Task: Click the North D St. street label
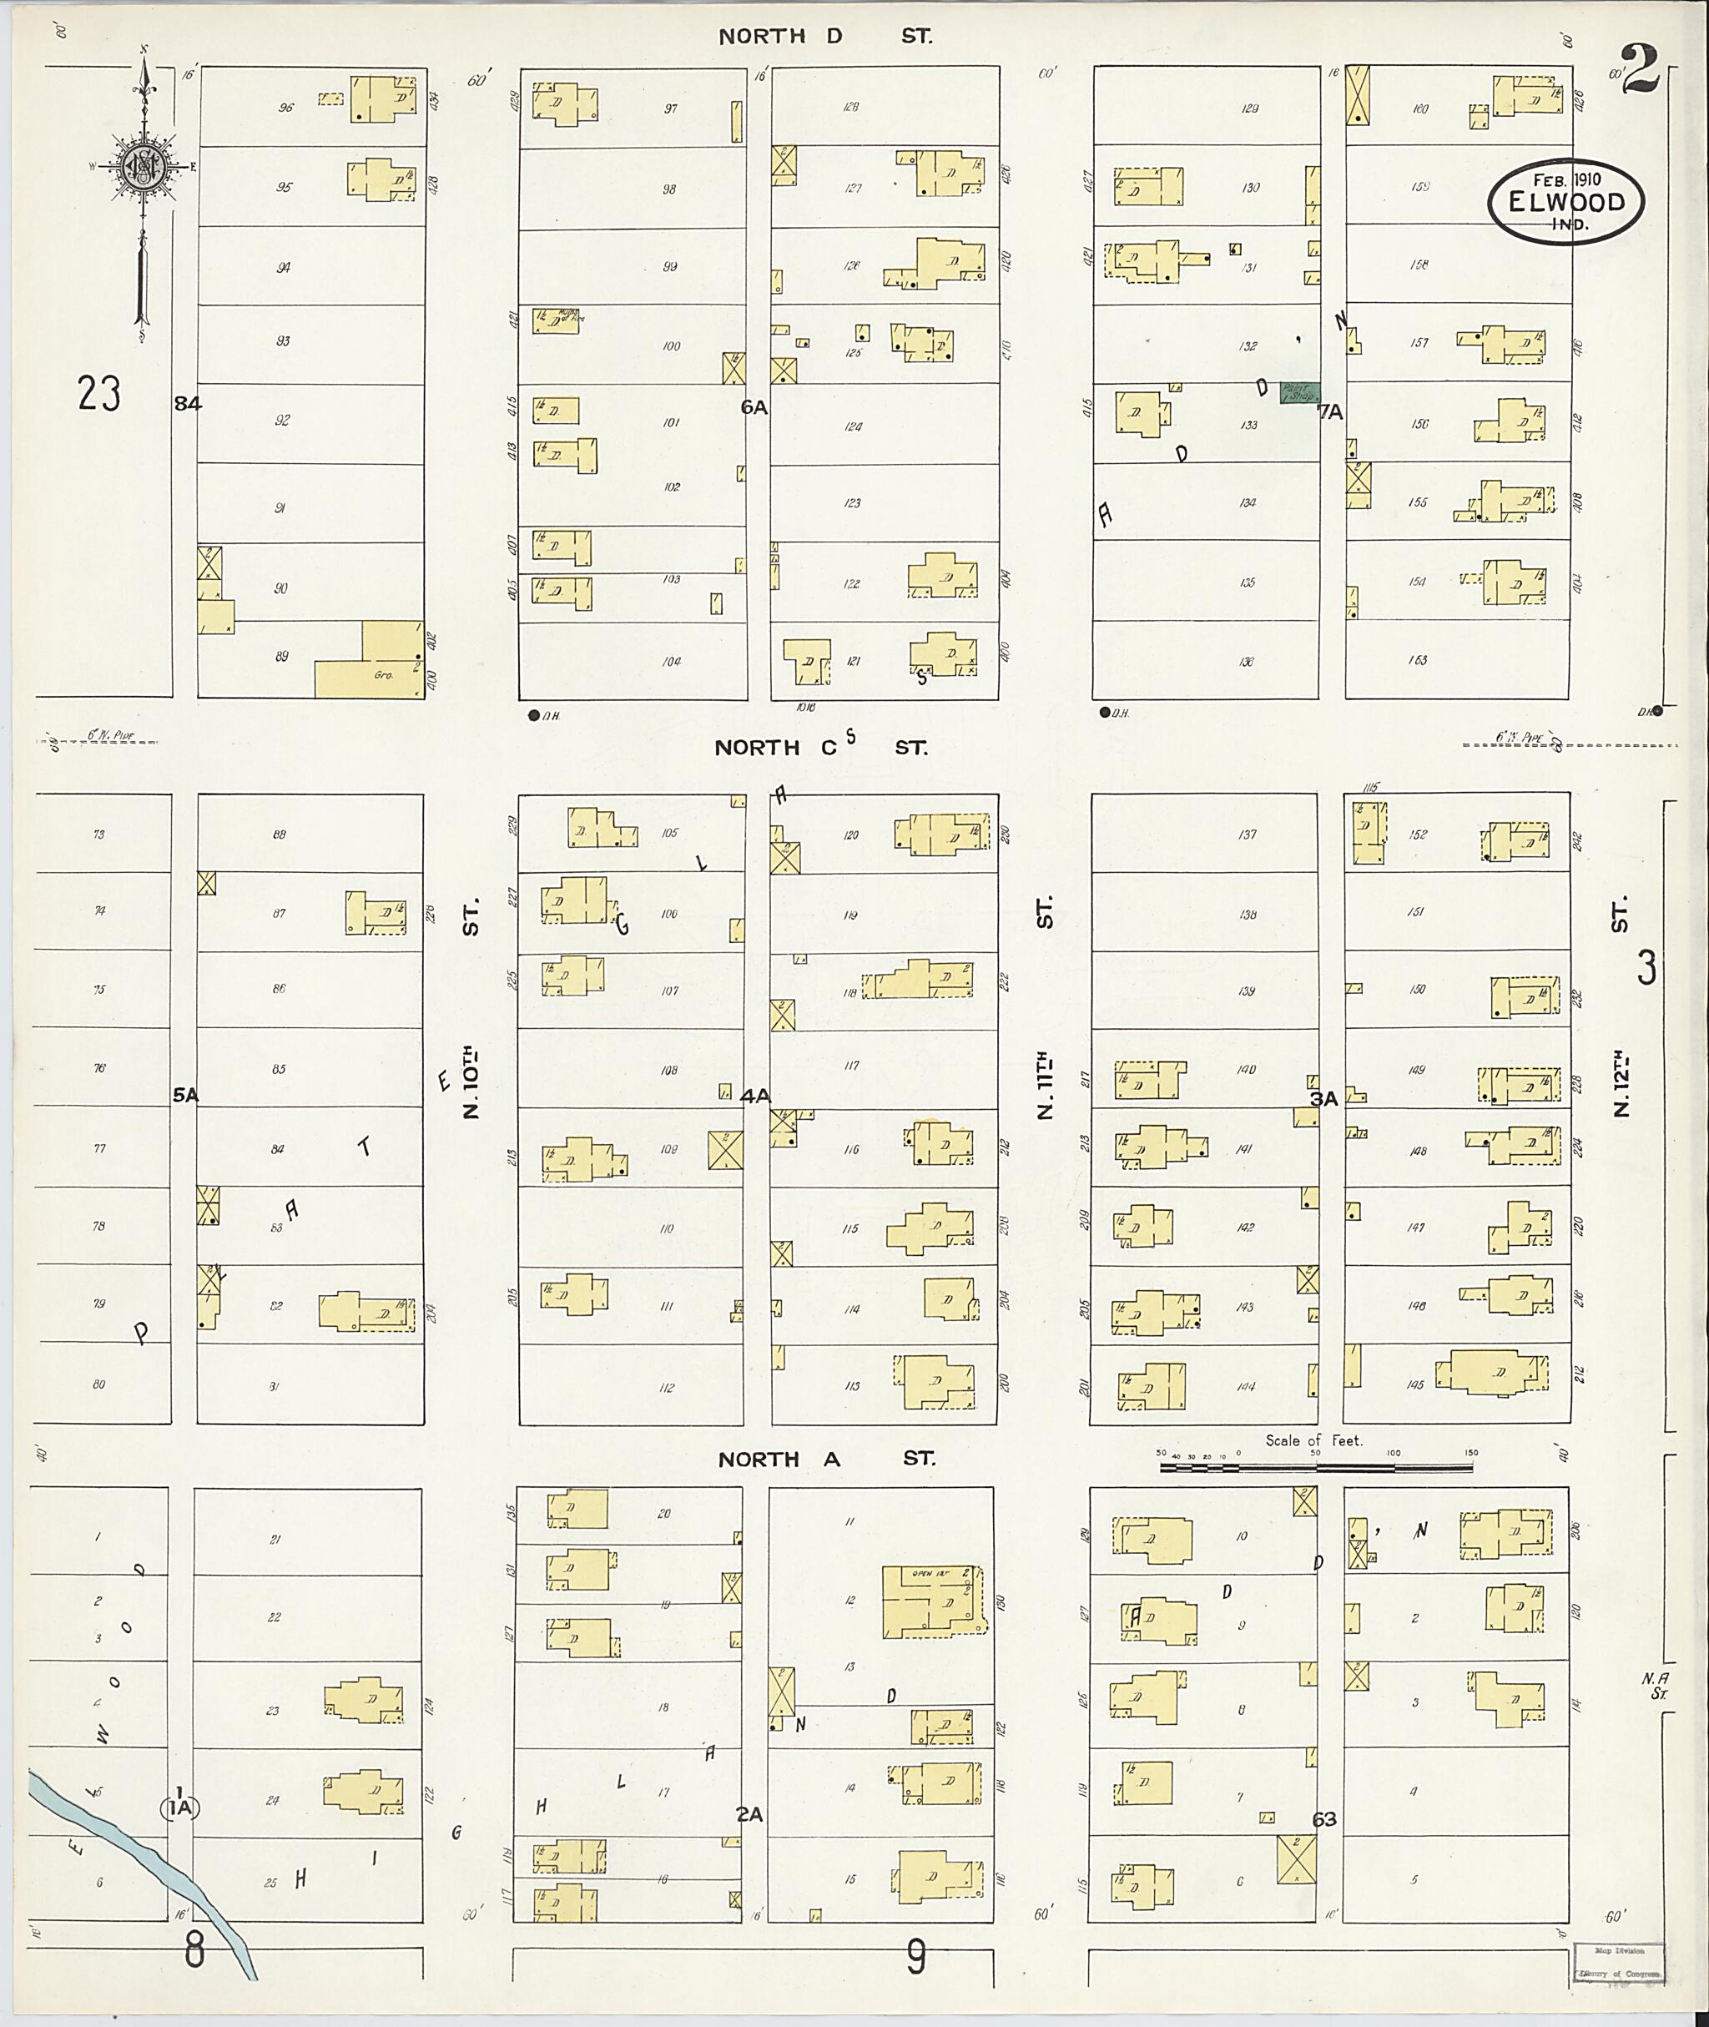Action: click(x=824, y=37)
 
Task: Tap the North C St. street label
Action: click(x=820, y=747)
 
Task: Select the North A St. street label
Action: click(x=825, y=1460)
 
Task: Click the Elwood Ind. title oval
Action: click(x=1565, y=200)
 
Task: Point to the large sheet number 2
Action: click(x=1641, y=70)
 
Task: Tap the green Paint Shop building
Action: click(x=1298, y=392)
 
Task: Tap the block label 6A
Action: click(x=754, y=408)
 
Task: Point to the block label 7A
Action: click(x=1329, y=411)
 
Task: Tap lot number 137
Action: click(x=1247, y=834)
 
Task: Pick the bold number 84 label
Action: click(x=188, y=404)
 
